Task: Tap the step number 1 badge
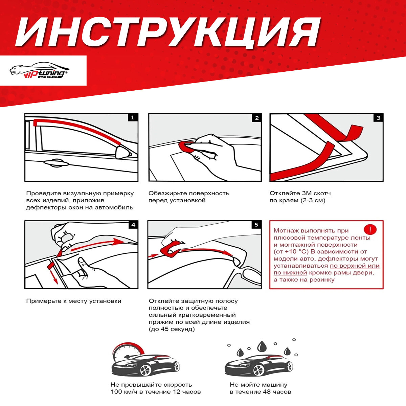[x=132, y=117]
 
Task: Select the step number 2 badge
[x=257, y=118]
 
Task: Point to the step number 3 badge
[x=378, y=118]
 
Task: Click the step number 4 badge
[x=133, y=225]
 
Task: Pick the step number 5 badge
[x=256, y=225]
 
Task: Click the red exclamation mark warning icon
[x=370, y=229]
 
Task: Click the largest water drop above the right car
[x=261, y=346]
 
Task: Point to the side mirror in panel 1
[x=123, y=152]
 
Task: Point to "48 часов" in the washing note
[x=277, y=392]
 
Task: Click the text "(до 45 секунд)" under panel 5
[x=172, y=329]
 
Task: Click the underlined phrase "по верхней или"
[x=355, y=266]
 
